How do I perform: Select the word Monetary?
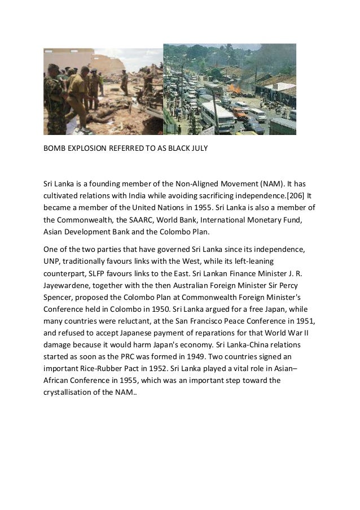point(270,220)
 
